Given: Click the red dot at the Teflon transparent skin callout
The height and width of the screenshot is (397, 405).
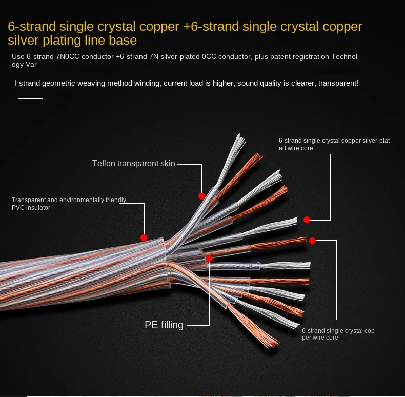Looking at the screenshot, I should [x=201, y=196].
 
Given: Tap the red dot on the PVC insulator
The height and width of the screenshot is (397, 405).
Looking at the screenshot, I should [x=144, y=237].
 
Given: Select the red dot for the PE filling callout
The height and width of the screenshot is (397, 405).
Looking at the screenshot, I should [x=209, y=259].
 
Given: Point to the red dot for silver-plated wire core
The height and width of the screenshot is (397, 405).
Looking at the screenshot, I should [x=307, y=220].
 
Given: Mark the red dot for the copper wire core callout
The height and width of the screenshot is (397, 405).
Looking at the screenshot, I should [x=312, y=240].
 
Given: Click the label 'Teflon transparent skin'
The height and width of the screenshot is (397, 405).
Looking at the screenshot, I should [x=133, y=164].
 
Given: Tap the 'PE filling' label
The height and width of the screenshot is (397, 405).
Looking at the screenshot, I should [x=164, y=324].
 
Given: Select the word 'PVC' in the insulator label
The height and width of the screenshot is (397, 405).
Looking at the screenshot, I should [x=19, y=208].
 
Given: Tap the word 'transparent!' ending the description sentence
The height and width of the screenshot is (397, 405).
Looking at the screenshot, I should [x=338, y=83].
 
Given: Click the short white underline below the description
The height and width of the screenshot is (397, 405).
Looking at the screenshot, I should [x=30, y=98].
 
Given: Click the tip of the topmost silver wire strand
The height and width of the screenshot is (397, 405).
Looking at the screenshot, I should [x=239, y=135].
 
